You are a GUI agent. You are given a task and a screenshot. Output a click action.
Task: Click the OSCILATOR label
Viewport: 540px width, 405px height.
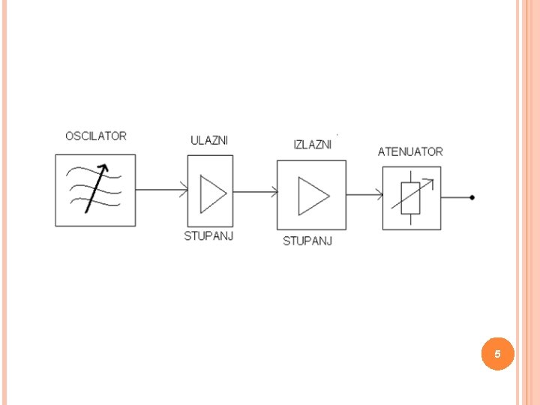click(x=96, y=136)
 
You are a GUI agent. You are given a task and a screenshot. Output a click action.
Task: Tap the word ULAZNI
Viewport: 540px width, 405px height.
click(x=209, y=140)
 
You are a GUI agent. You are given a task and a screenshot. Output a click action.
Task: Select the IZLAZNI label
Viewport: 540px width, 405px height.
click(x=312, y=145)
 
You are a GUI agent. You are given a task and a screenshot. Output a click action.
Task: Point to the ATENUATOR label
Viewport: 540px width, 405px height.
click(x=410, y=151)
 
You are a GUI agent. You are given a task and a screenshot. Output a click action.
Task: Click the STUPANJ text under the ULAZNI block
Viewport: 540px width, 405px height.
click(x=209, y=236)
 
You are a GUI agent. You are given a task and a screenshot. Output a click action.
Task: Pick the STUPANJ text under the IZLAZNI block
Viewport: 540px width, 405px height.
click(x=307, y=241)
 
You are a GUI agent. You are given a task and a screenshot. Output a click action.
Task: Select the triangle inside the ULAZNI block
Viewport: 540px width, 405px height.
click(x=212, y=193)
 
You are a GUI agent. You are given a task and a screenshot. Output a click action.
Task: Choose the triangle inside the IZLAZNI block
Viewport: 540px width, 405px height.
click(x=313, y=195)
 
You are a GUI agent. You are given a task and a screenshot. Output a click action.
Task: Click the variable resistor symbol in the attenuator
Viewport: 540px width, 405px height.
click(x=411, y=197)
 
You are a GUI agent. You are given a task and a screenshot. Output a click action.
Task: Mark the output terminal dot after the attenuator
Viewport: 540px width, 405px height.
click(x=472, y=198)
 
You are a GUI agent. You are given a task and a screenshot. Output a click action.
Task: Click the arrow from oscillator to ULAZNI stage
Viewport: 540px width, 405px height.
click(x=161, y=190)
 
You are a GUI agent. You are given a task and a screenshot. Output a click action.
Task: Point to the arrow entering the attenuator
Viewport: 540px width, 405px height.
click(x=364, y=196)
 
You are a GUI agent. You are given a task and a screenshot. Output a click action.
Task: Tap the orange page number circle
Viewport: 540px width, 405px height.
click(x=498, y=353)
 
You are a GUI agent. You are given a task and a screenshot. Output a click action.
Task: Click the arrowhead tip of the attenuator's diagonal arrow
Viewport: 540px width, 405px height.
click(x=436, y=180)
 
